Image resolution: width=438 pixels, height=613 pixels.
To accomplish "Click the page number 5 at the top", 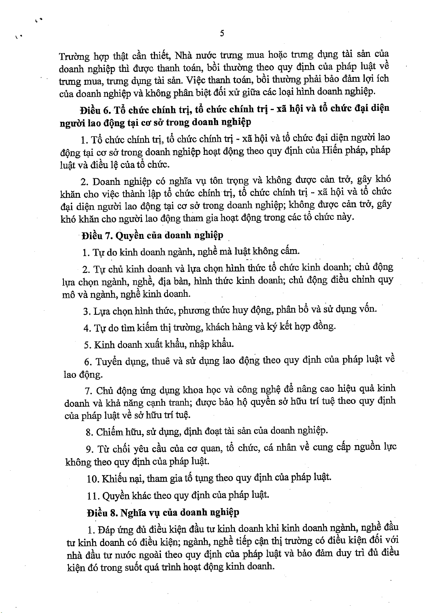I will pyautogui.click(x=222, y=33).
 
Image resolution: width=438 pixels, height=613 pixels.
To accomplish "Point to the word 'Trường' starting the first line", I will pyautogui.click(x=74, y=56).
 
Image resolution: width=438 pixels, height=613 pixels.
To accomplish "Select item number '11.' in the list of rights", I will pyautogui.click(x=93, y=496).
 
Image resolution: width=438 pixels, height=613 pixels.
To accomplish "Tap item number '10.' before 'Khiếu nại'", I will pyautogui.click(x=93, y=479).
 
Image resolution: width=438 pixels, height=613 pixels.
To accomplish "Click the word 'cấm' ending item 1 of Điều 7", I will pyautogui.click(x=290, y=251).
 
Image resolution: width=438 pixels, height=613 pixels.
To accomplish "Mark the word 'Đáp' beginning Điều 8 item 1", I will pyautogui.click(x=107, y=530).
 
